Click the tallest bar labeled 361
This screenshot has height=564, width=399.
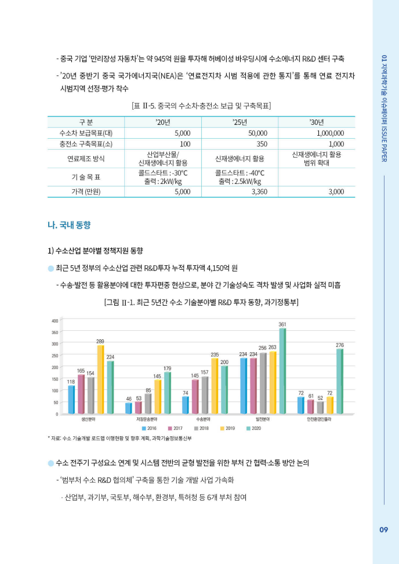coord(282,371)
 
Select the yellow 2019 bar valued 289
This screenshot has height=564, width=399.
coord(100,379)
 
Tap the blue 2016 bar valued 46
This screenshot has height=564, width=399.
coord(129,408)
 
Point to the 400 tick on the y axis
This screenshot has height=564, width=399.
coord(55,320)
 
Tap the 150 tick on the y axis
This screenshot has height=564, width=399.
coord(55,379)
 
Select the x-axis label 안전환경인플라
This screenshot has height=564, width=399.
coord(319,418)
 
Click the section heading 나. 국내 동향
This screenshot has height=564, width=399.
coord(68,223)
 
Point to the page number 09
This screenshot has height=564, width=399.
coord(383,529)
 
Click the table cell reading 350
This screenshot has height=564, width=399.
coord(262,144)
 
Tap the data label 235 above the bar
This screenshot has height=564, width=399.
coord(215,354)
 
